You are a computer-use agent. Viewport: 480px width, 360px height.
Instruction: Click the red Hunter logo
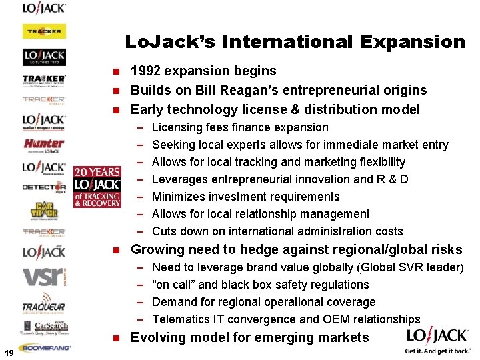coord(44,143)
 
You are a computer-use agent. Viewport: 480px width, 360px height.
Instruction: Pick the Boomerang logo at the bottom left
coord(44,347)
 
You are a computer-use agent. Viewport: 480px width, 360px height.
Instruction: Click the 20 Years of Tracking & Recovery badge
coord(97,187)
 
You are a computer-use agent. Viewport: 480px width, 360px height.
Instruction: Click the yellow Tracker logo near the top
coord(44,31)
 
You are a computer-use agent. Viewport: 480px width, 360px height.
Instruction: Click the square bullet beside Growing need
coord(115,251)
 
